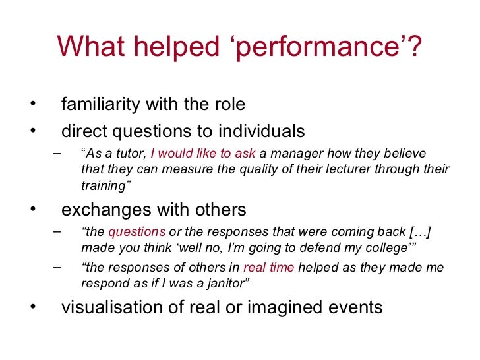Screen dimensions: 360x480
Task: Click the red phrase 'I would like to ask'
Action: tap(202, 154)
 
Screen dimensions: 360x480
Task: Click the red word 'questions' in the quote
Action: tap(137, 232)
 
